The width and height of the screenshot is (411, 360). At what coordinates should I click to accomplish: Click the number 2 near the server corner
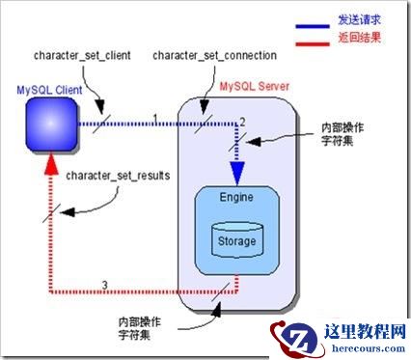pyautogui.click(x=243, y=120)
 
